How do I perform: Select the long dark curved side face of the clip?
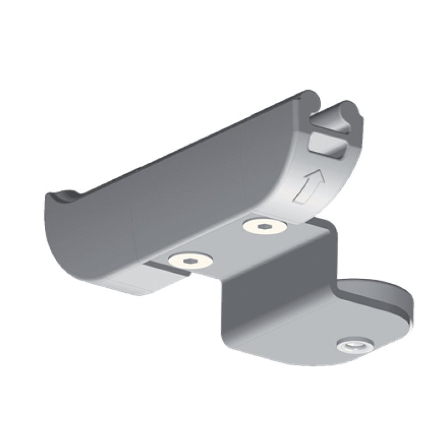point(168,196)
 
